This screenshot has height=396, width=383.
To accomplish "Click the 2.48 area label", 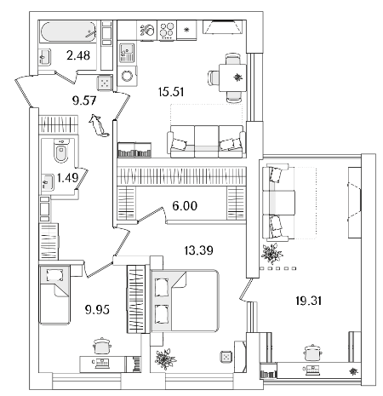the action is click(78, 55).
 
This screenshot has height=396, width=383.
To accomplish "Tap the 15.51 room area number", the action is click(171, 92).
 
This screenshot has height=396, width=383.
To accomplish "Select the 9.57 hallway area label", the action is click(84, 100).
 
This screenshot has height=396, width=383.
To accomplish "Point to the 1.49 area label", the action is click(67, 178).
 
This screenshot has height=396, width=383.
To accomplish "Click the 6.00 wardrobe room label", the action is click(185, 206).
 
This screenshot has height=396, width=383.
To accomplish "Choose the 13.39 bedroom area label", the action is click(198, 250).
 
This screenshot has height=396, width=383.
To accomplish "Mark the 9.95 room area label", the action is click(97, 309).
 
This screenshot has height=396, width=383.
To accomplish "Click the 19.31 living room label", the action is click(308, 301).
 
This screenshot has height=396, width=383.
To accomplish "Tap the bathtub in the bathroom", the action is click(69, 32).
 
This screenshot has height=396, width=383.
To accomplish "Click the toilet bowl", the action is click(61, 151).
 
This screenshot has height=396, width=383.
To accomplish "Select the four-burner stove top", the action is click(167, 30).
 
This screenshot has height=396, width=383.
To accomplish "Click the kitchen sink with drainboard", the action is click(127, 53).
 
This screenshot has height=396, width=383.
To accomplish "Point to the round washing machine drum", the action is click(127, 76).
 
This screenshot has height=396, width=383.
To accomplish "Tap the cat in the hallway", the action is click(98, 126).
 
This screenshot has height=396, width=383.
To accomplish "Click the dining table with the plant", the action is click(232, 77).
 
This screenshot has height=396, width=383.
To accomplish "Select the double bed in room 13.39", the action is click(185, 301).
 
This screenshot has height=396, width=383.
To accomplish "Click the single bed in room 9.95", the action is click(54, 295).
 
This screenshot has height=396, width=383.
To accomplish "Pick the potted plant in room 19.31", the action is click(272, 253).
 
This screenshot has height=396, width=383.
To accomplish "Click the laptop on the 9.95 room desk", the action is click(102, 364).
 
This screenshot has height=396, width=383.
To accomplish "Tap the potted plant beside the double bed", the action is click(165, 359).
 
